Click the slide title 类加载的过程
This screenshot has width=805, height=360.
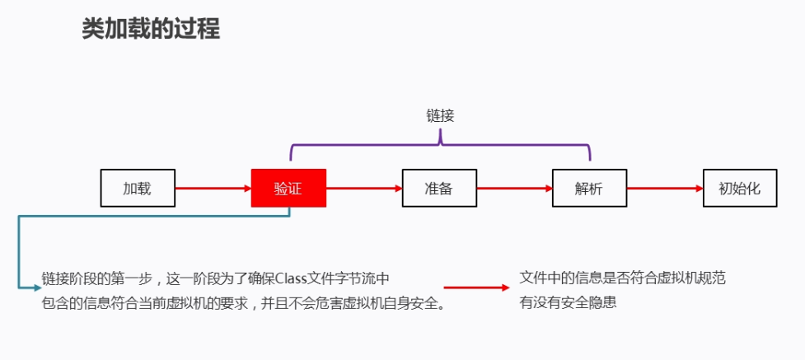(150, 29)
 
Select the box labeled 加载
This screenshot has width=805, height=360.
(138, 188)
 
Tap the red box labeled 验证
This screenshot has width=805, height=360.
(288, 188)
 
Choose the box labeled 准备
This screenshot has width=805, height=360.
(439, 188)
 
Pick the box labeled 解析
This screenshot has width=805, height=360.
(589, 188)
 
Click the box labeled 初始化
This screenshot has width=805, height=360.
(740, 188)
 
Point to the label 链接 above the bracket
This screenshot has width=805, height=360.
(439, 116)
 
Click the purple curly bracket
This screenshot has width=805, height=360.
(440, 144)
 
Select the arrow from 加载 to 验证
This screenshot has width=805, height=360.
(213, 188)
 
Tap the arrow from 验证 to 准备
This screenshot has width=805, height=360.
(363, 188)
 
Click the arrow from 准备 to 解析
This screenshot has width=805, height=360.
(514, 188)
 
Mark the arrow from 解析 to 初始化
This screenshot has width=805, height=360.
(664, 188)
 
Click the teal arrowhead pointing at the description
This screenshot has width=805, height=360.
(35, 288)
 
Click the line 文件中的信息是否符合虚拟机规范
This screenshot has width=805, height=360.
(622, 278)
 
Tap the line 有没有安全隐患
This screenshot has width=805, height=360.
(568, 302)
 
